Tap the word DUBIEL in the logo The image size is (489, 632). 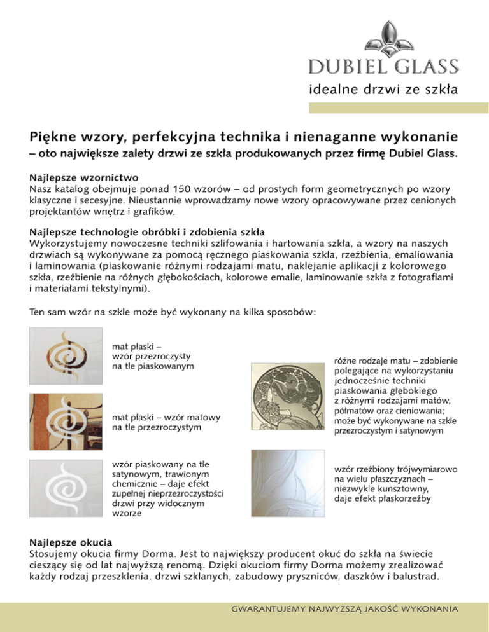tap(343, 66)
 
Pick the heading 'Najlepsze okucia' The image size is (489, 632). tap(71, 544)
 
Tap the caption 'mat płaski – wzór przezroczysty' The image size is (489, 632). tap(153, 356)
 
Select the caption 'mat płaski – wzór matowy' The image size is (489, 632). tap(166, 423)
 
